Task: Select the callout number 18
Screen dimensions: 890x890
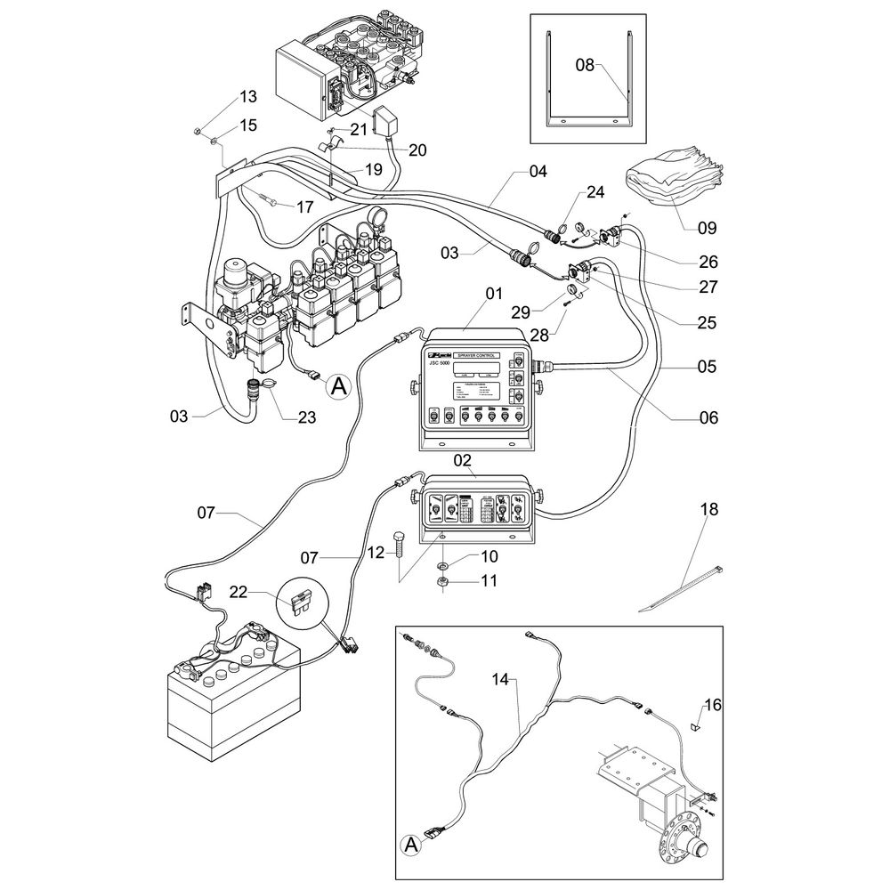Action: pyautogui.click(x=709, y=510)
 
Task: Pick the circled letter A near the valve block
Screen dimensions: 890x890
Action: pyautogui.click(x=336, y=386)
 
